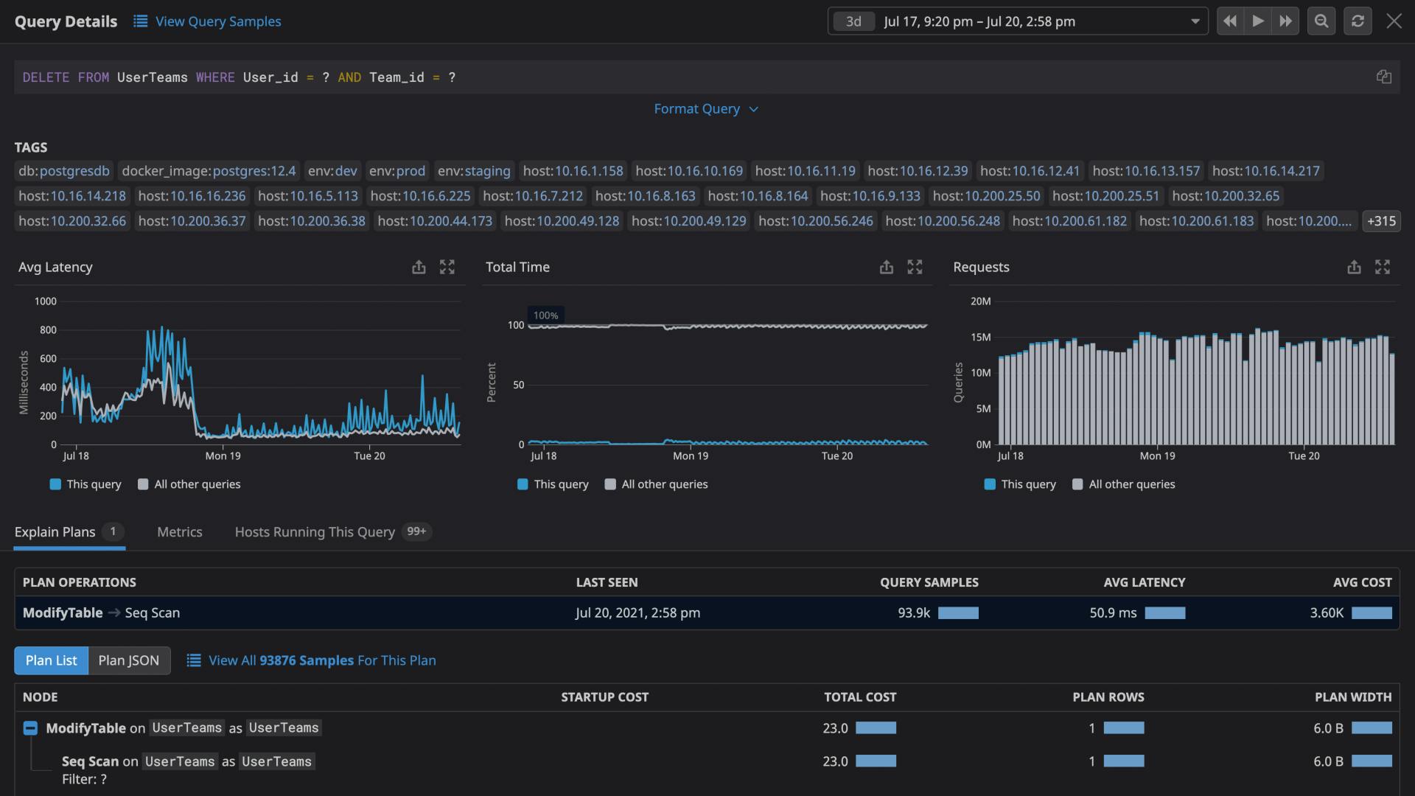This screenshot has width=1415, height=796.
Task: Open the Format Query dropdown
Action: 705,109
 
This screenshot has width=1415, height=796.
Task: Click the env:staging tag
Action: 474,171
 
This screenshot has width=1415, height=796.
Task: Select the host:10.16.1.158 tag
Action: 573,171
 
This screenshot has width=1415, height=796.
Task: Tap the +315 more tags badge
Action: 1381,221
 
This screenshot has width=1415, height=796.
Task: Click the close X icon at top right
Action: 1394,21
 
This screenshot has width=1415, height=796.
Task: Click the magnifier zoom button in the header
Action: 1321,21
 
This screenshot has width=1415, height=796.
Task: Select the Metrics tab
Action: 179,532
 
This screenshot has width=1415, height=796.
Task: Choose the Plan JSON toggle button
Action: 129,660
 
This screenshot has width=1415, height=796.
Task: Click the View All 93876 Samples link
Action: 322,660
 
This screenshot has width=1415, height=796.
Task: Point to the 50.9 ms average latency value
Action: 1113,613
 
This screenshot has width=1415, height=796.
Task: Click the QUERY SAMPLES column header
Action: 929,582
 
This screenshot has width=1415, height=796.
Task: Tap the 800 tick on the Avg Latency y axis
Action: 48,330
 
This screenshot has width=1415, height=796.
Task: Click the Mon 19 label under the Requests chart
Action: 1157,456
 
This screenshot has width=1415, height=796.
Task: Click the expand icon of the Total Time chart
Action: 915,267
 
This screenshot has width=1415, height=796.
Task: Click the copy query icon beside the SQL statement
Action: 1383,77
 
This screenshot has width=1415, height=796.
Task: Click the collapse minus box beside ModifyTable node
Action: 30,728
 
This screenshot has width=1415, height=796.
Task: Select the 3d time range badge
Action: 853,21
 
